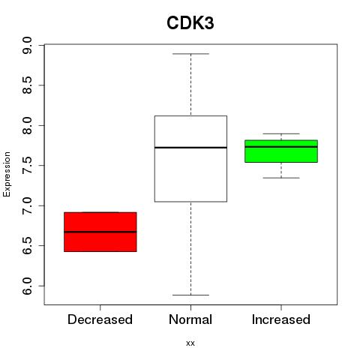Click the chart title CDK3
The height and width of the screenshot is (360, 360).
pyautogui.click(x=190, y=23)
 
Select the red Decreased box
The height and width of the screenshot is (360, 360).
pyautogui.click(x=100, y=232)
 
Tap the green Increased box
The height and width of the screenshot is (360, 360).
pyautogui.click(x=281, y=151)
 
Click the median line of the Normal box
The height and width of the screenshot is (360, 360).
pyautogui.click(x=190, y=148)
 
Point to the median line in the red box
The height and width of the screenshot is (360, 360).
pyautogui.click(x=100, y=232)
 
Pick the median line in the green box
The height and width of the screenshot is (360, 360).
pyautogui.click(x=281, y=147)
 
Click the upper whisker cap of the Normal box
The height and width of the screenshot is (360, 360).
pyautogui.click(x=190, y=54)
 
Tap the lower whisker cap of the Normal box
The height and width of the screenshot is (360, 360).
pyautogui.click(x=190, y=295)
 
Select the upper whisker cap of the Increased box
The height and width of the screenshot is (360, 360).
pyautogui.click(x=281, y=133)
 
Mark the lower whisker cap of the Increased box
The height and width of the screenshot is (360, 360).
pyautogui.click(x=281, y=178)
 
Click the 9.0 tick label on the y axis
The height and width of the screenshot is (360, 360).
pyautogui.click(x=27, y=45)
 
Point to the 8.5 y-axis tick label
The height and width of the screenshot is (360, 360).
pyautogui.click(x=27, y=85)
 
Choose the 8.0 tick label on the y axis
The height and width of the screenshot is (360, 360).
pyautogui.click(x=27, y=125)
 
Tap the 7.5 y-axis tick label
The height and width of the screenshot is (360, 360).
pyautogui.click(x=27, y=166)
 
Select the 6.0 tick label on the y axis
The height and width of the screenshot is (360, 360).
pyautogui.click(x=27, y=286)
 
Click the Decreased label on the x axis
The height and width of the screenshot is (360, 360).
pyautogui.click(x=100, y=319)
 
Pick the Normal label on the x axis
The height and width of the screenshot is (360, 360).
pyautogui.click(x=190, y=319)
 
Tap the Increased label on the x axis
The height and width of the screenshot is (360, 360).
pyautogui.click(x=281, y=319)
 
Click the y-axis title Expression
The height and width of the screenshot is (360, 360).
pyautogui.click(x=7, y=174)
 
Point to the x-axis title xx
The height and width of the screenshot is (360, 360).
pyautogui.click(x=190, y=343)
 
